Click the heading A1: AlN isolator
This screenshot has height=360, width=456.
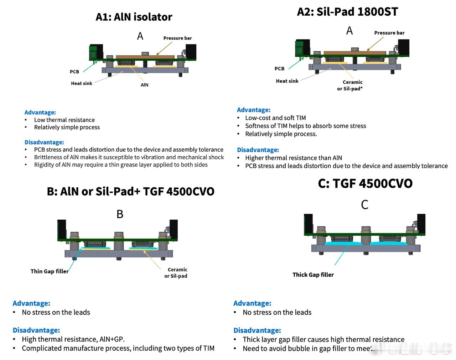(134, 17)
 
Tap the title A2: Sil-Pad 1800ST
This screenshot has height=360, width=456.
(347, 12)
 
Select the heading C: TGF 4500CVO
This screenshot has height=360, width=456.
(365, 183)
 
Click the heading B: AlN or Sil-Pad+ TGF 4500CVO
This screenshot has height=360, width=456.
(130, 192)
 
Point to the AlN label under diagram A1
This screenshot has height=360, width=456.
(144, 85)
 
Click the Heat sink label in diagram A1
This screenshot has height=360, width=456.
(81, 83)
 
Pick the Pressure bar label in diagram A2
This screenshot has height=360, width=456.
(389, 33)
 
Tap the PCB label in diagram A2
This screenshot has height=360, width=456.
(279, 68)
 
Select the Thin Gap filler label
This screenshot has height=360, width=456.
(50, 271)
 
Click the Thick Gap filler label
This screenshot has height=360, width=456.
(313, 275)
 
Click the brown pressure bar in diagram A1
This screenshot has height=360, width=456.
(145, 57)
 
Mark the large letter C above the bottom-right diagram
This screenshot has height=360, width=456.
(364, 205)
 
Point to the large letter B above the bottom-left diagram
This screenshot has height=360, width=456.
(120, 214)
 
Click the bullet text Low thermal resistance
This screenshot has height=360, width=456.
(64, 120)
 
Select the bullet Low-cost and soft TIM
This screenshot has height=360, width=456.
(275, 118)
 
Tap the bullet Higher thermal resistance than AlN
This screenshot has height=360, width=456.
(294, 158)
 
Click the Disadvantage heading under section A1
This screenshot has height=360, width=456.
(44, 142)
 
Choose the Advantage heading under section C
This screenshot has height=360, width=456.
(252, 303)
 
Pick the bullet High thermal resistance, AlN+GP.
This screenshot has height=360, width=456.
(73, 339)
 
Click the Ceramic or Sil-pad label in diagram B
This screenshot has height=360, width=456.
(176, 273)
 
